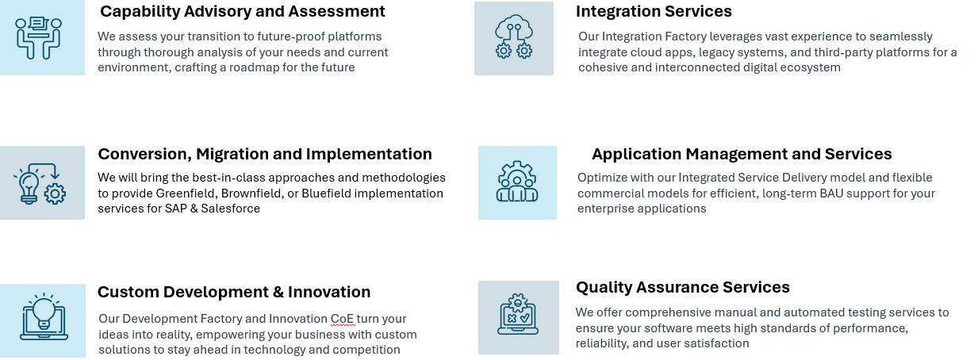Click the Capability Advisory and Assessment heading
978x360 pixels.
click(242, 11)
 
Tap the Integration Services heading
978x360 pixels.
click(654, 11)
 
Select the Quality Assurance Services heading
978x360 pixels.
click(682, 287)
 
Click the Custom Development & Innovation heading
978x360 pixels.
click(233, 292)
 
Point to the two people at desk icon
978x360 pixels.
click(38, 38)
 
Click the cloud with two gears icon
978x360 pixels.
click(514, 36)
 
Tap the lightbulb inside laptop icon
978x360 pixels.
click(44, 316)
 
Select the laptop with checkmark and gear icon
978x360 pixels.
click(518, 314)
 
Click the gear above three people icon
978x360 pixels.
click(517, 181)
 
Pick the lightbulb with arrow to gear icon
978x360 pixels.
click(40, 184)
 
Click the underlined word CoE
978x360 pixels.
click(343, 319)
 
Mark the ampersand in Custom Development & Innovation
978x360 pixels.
click(278, 293)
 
